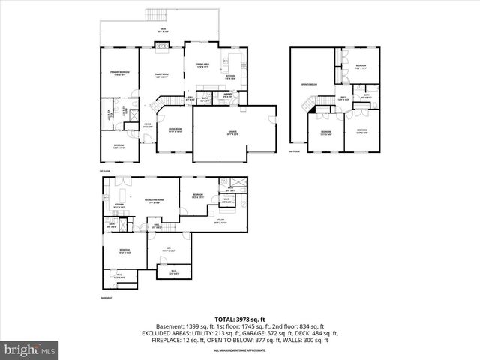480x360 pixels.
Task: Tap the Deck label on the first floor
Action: point(161,31)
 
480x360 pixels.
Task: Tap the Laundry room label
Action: point(227,94)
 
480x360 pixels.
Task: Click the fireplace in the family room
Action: point(161,46)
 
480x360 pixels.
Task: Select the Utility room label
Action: point(220,220)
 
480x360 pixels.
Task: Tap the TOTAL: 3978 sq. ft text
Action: point(240,319)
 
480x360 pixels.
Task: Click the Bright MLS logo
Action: point(30,349)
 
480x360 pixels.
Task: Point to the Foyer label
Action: point(148,125)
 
